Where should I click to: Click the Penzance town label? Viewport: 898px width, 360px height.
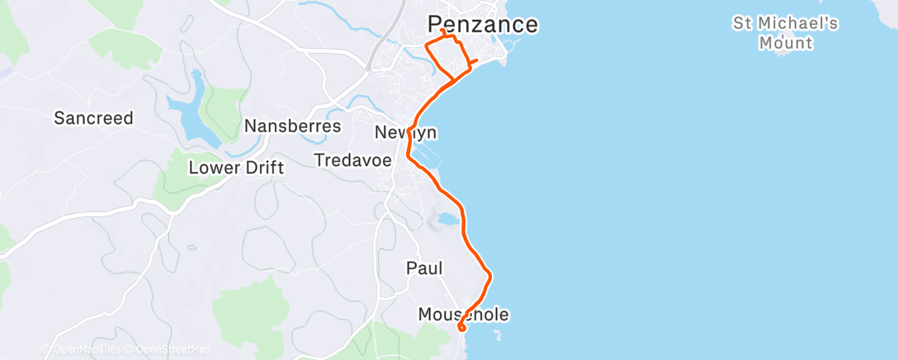483,24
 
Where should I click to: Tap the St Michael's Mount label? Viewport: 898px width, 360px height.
785,32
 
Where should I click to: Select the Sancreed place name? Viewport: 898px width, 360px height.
93,118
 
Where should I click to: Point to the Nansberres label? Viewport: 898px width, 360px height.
293,127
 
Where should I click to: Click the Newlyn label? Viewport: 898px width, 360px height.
405,132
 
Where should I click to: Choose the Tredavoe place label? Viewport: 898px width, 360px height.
352,160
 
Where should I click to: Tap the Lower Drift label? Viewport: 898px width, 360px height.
236,168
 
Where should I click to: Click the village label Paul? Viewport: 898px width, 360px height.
424,268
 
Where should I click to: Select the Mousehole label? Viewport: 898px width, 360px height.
463,315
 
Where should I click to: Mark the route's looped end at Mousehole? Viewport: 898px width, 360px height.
461,328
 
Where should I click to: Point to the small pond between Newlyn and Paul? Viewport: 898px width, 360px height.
445,220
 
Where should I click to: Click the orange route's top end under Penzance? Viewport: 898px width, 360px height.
443,31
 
